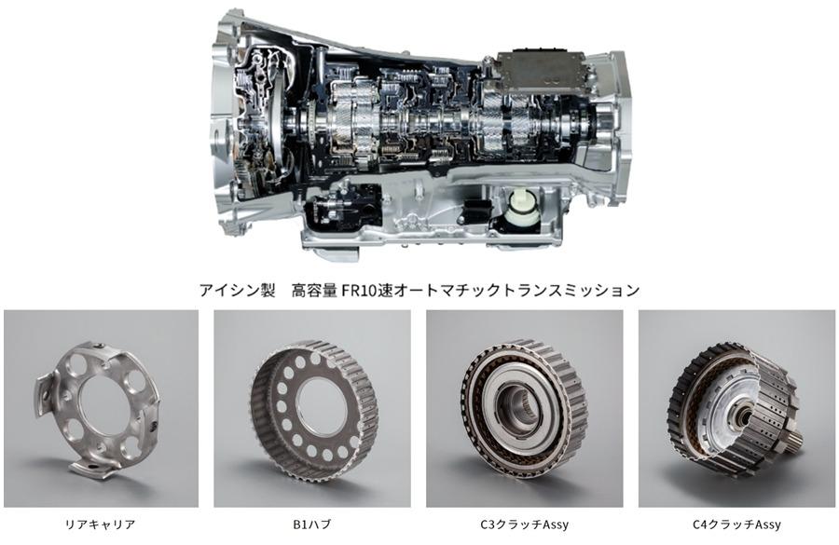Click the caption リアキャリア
click(100, 525)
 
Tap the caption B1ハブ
click(311, 525)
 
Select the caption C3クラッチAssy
click(524, 525)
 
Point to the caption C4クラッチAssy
click(736, 525)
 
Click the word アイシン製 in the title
click(237, 290)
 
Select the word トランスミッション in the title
click(567, 290)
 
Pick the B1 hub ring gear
click(313, 406)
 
